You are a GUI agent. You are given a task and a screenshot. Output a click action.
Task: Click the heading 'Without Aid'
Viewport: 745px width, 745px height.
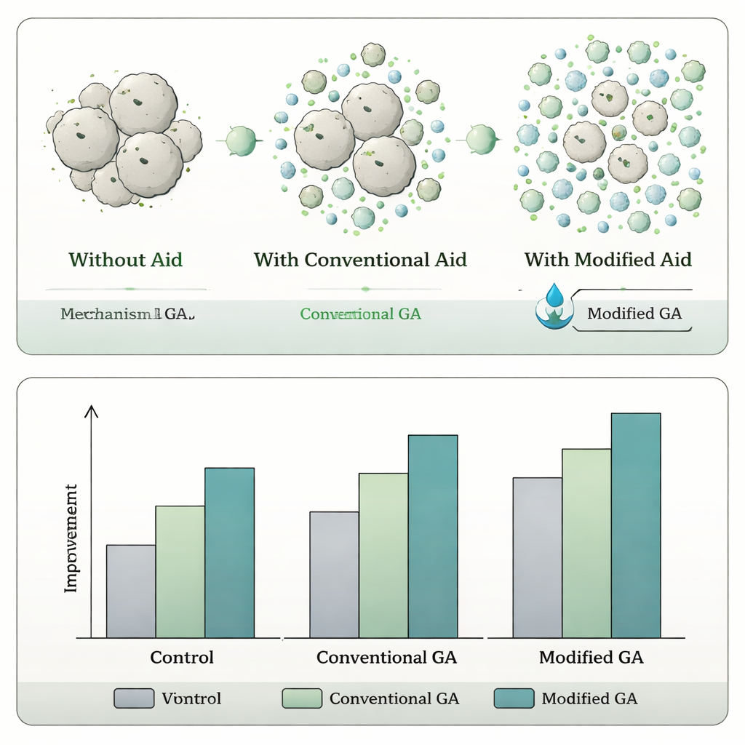[125, 260]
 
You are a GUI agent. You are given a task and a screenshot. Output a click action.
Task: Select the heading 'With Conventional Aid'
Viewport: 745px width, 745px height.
[360, 260]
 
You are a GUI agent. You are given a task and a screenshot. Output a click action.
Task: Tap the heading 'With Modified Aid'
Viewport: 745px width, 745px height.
[607, 260]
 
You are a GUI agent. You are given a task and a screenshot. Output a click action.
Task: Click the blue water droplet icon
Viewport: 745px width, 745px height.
[555, 295]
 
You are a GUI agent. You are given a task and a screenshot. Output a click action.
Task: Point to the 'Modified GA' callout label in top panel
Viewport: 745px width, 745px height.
[634, 314]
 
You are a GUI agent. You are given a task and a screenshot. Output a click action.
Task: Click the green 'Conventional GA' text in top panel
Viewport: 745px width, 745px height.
[360, 314]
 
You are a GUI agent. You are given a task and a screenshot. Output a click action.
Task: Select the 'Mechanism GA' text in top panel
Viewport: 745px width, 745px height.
[127, 314]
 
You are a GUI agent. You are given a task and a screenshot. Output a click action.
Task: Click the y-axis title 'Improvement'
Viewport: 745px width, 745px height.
[71, 538]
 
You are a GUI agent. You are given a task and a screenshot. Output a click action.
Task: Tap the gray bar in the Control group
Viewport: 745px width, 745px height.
[131, 591]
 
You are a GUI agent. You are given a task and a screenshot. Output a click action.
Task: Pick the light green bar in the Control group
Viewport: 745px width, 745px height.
[180, 572]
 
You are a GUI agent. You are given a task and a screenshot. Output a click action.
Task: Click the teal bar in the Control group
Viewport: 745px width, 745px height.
[229, 553]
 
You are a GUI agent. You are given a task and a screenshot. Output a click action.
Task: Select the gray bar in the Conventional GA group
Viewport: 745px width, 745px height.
[334, 575]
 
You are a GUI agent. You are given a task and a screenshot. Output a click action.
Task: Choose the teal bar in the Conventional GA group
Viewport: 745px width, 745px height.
[433, 536]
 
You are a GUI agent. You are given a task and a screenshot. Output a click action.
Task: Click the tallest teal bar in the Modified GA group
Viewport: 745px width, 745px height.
[636, 525]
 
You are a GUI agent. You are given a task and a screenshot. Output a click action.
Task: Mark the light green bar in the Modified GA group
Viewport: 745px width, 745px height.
[586, 543]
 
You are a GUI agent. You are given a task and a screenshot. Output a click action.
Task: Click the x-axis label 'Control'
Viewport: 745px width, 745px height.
[182, 658]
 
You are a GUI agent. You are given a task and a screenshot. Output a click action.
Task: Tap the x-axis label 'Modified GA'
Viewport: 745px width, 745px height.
[591, 658]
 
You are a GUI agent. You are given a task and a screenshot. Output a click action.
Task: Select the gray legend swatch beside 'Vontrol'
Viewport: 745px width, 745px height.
[135, 698]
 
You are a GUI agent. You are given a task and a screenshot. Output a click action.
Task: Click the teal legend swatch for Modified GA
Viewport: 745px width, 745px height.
[514, 698]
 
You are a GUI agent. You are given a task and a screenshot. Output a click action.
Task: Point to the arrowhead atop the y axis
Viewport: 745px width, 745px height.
[91, 412]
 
